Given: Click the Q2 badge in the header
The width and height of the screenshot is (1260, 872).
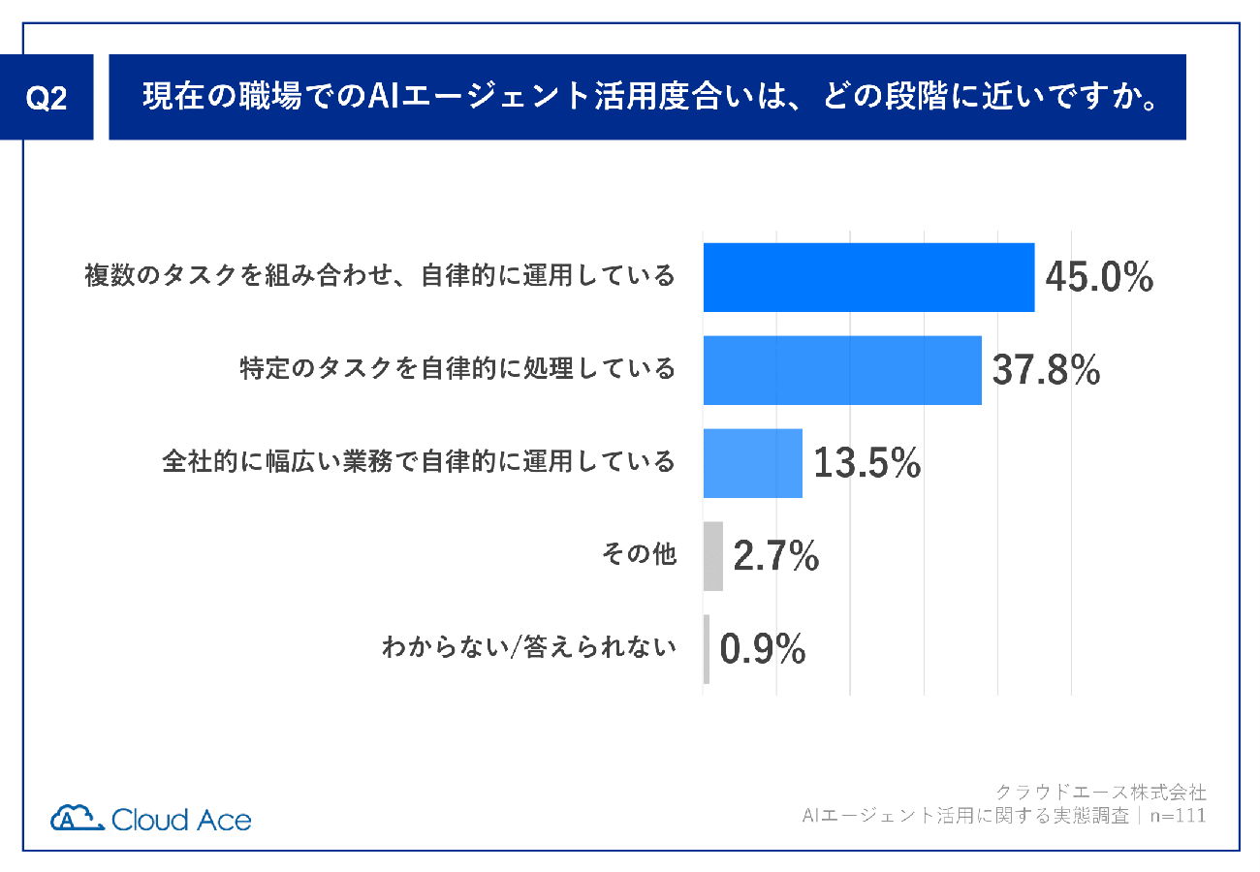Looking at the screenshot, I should (x=46, y=99).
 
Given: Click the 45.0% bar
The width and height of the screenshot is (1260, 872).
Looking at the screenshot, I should (x=868, y=277).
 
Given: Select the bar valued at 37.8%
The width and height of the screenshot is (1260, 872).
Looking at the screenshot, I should (x=842, y=370).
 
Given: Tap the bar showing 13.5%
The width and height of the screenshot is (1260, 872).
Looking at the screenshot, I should (x=753, y=463).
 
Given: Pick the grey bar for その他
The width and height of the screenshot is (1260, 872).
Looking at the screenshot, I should (x=713, y=556).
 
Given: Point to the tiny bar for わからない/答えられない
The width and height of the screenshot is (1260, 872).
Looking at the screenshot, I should (x=707, y=649).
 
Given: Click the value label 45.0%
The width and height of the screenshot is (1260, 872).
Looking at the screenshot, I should (x=1099, y=277).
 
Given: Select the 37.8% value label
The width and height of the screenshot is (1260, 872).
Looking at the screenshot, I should (x=1046, y=370).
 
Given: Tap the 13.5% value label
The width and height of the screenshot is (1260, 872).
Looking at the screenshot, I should (x=866, y=463).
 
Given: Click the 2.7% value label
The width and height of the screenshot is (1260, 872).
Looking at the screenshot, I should (x=776, y=557).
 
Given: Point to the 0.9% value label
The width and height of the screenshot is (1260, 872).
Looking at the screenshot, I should (x=763, y=650).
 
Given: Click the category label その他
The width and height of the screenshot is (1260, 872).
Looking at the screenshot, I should (x=639, y=556).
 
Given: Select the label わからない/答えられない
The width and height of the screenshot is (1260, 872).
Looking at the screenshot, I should (x=529, y=649).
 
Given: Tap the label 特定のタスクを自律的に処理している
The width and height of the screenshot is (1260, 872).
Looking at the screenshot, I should (x=457, y=369).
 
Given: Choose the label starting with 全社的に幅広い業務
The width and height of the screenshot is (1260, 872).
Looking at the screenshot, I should (x=419, y=462).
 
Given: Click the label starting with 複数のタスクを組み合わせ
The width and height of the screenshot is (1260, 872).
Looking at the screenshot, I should (x=379, y=276).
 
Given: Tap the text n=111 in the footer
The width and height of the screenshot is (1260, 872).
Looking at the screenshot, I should (x=1178, y=816).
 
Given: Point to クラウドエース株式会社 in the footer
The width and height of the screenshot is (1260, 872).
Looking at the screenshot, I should (x=1101, y=792).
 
